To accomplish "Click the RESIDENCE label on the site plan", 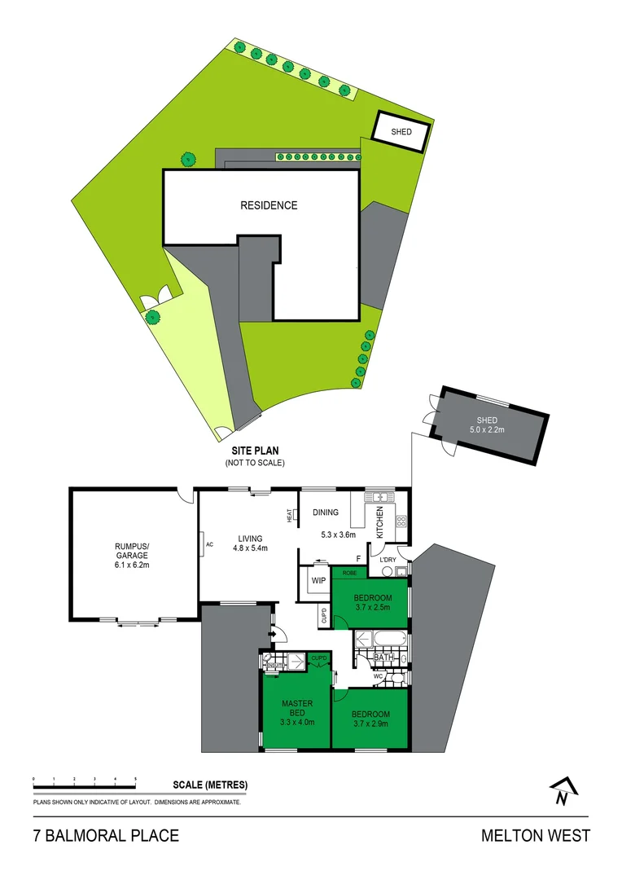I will point(269,205).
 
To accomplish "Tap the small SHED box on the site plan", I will point(401,132).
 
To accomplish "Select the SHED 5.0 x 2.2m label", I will point(486,426).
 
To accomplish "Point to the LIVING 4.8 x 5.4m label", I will point(250,543).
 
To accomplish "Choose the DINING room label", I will point(326,513).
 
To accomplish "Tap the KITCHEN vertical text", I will point(379,521).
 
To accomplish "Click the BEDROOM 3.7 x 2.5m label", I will point(373,601).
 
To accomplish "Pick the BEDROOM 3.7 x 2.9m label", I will point(371,719).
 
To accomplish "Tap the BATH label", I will point(384,657).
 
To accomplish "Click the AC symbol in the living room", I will point(208,543).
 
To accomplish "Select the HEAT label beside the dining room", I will point(289,516).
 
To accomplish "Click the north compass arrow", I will point(561,790).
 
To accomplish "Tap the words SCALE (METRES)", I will point(210,785).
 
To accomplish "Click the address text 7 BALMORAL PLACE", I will point(106,836).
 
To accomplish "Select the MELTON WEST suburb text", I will point(535,836).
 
